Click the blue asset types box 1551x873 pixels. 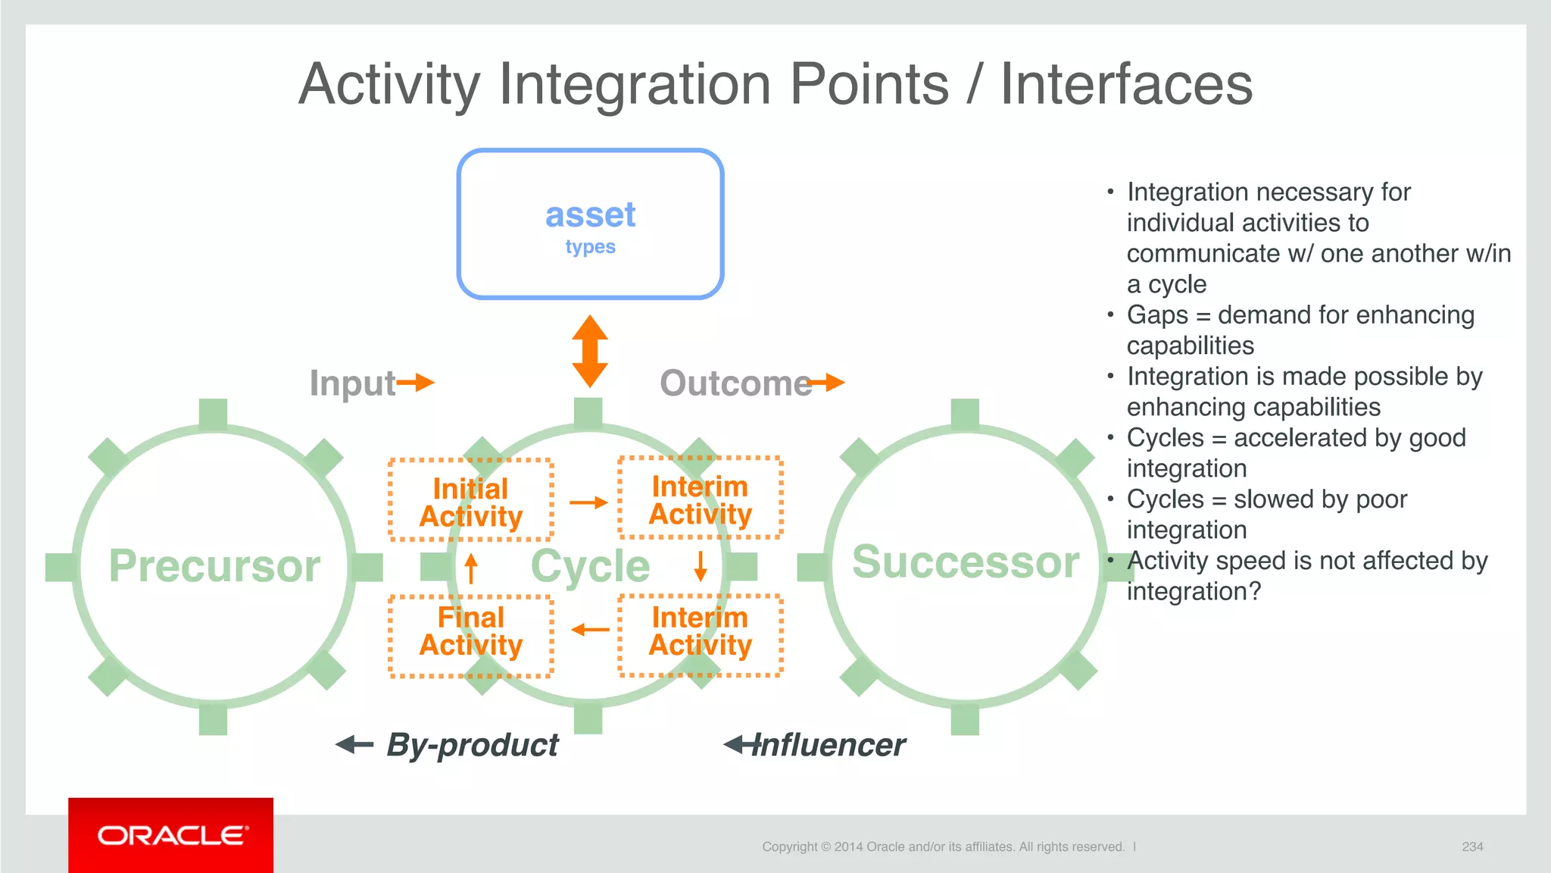click(590, 224)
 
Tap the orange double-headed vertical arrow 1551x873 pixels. click(590, 352)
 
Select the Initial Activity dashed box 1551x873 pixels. click(471, 500)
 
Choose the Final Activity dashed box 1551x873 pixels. click(471, 635)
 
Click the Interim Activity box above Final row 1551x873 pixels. click(701, 498)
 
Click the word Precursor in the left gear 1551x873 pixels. click(214, 566)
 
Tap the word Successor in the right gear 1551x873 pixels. click(966, 562)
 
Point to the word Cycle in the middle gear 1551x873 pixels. click(590, 566)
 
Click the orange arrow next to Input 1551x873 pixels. click(416, 382)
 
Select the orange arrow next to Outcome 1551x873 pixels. click(827, 382)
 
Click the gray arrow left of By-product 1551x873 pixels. click(354, 745)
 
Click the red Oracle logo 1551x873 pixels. click(171, 835)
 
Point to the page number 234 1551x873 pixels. click(1472, 846)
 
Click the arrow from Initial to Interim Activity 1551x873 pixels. click(588, 502)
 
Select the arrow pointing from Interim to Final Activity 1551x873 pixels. click(590, 630)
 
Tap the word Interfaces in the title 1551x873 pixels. click(1126, 84)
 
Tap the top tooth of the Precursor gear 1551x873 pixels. click(214, 414)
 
